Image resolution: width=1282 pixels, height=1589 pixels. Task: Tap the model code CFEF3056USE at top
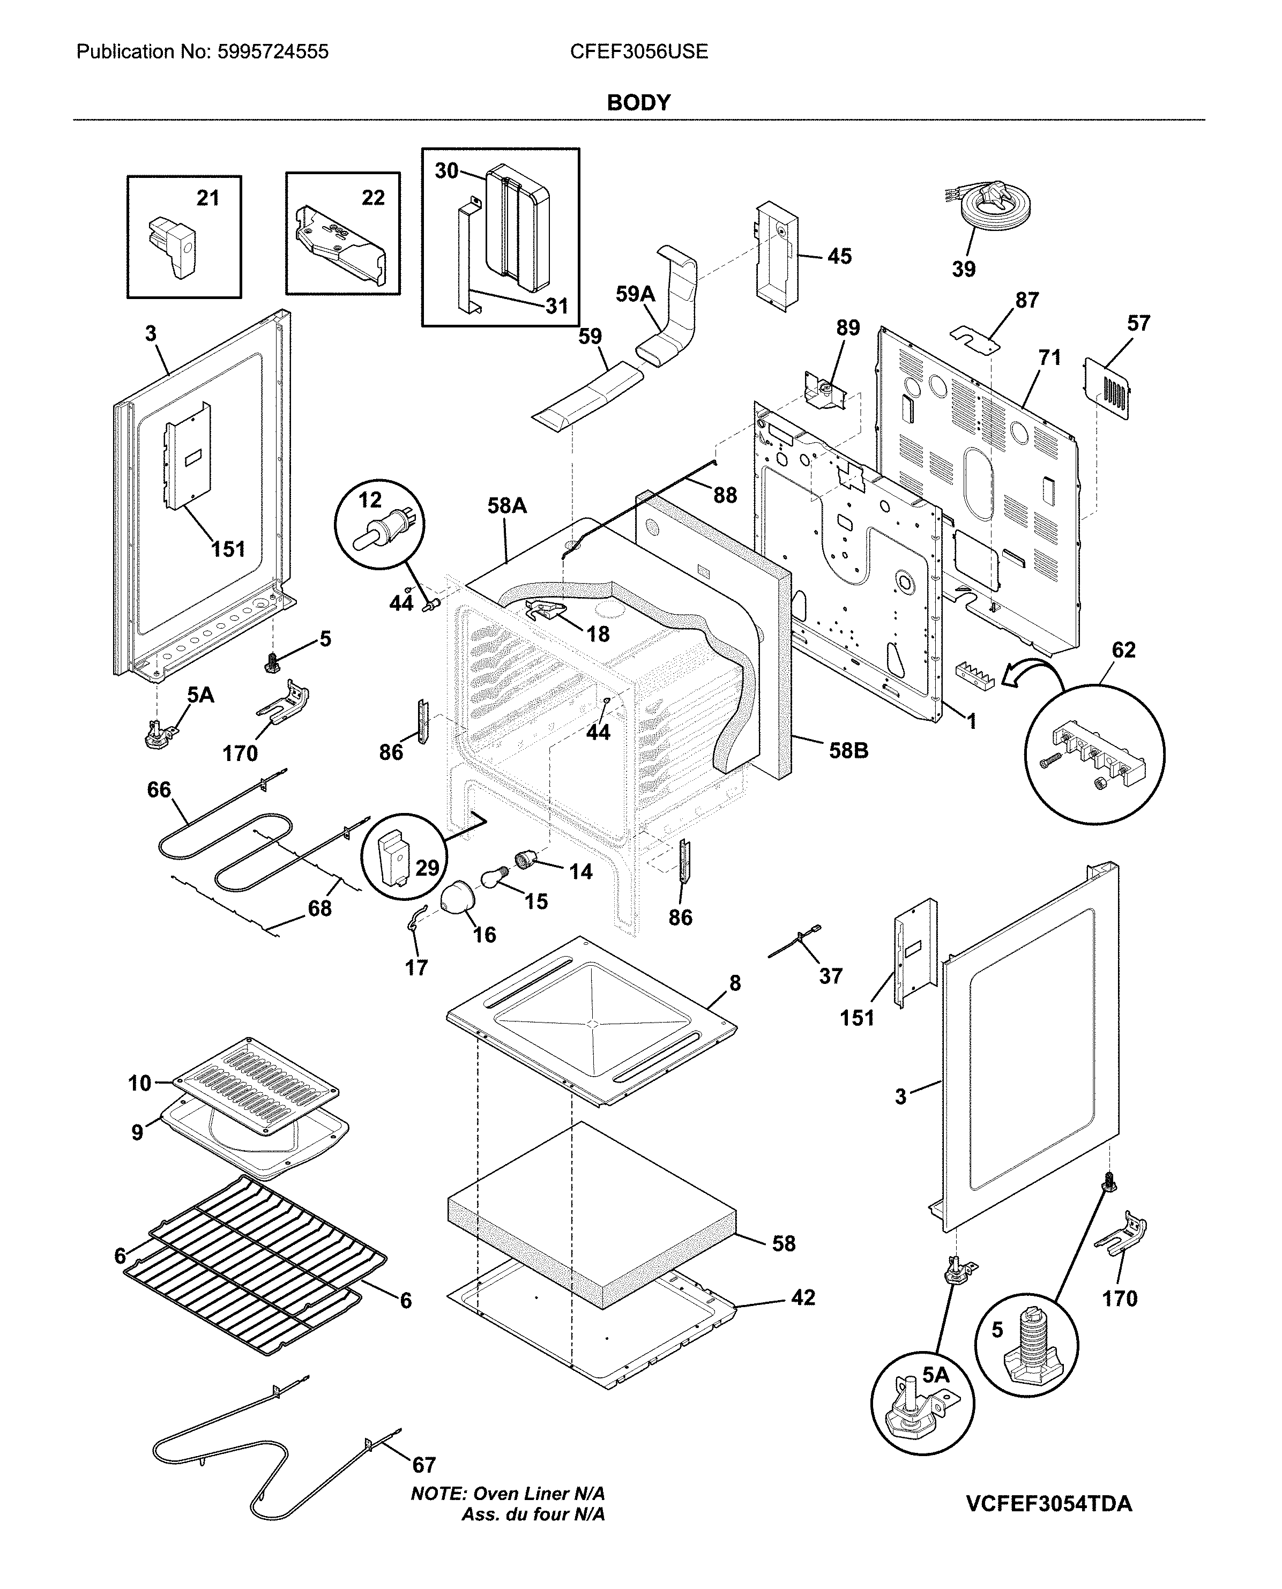[639, 51]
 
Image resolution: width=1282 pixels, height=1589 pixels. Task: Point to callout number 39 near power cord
[963, 270]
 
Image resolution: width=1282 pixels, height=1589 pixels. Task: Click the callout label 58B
[848, 751]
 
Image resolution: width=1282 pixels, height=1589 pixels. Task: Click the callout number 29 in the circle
[427, 868]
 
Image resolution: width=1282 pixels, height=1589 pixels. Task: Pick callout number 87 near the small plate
[1026, 301]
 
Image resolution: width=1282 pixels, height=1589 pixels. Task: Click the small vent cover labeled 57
[1108, 387]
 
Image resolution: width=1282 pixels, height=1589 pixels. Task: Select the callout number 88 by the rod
[725, 495]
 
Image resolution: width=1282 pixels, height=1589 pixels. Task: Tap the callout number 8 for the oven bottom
[735, 983]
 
